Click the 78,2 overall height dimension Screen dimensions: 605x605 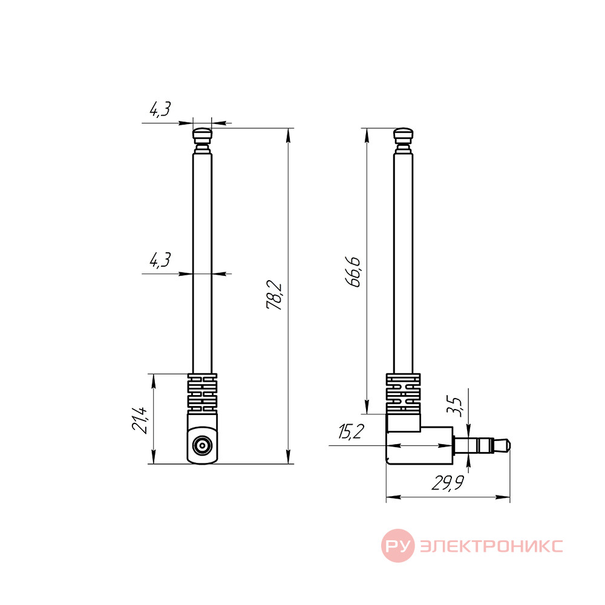pyautogui.click(x=274, y=296)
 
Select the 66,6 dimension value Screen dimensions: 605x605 pyautogui.click(x=353, y=272)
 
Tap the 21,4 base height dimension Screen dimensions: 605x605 pyautogui.click(x=140, y=420)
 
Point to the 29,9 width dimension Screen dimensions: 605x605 pyautogui.click(x=448, y=483)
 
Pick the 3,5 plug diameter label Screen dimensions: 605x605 pyautogui.click(x=454, y=407)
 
